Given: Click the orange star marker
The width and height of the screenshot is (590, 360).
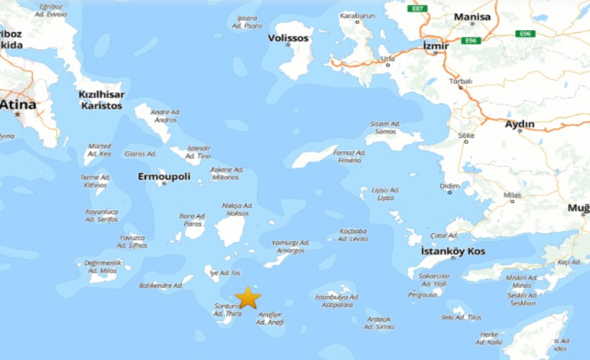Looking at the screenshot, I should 248,297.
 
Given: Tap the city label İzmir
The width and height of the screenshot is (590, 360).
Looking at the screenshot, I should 436,45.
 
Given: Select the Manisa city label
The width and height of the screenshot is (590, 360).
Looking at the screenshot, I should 472,17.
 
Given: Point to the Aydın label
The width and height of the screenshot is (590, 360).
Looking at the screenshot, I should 519,124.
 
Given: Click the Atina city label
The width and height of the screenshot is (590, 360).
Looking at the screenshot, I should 18,105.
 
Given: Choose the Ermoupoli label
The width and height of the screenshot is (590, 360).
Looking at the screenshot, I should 164,175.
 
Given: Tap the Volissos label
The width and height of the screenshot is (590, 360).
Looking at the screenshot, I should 289,37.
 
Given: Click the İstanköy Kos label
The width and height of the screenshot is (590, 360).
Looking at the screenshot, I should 453,251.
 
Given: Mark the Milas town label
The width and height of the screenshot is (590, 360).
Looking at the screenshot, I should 512,195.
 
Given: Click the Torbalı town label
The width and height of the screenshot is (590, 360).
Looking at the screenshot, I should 460,81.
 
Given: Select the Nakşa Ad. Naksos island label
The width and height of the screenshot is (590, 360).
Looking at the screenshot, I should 237,210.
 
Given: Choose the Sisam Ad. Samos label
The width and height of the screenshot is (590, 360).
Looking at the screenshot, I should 383,127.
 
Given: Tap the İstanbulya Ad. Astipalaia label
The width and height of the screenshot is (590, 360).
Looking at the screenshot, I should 337,300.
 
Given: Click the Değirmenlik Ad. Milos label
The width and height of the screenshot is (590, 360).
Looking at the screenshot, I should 103,266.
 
